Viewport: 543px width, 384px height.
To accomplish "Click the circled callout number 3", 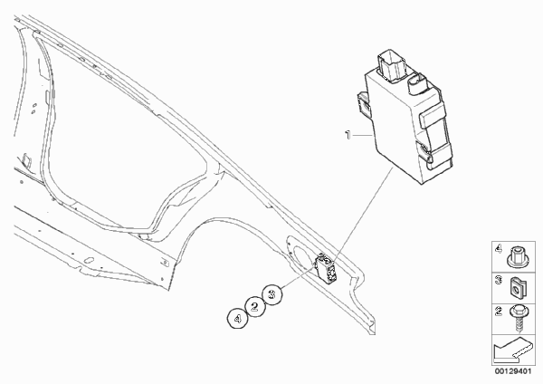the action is point(272,294).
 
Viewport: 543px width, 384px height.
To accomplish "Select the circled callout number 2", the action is point(255,306).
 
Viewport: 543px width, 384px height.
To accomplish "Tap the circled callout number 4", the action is point(237,318).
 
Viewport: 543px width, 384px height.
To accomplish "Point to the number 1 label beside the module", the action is point(348,134).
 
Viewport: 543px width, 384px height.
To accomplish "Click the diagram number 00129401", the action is point(512,371).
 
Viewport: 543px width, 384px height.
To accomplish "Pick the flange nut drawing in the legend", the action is point(518,257).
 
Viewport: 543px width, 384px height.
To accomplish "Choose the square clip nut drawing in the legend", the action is point(518,287).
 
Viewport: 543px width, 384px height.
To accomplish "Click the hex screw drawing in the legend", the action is point(519,318).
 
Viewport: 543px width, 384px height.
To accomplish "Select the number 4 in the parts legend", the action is point(499,249).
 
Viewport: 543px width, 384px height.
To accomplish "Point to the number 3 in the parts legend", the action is point(499,280).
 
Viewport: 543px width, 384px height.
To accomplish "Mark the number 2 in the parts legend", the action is point(499,311).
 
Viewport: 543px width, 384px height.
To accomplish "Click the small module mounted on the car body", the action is point(326,268).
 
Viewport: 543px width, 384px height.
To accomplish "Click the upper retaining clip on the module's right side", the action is point(432,117).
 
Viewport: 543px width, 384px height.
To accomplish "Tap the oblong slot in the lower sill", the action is point(89,260).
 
